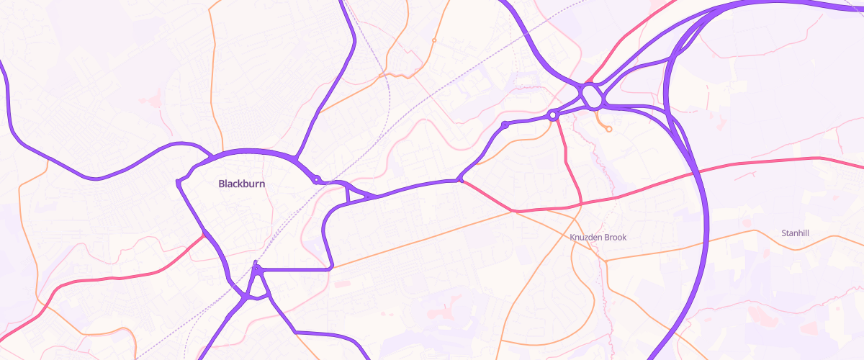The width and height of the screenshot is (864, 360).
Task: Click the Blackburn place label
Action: (242, 184)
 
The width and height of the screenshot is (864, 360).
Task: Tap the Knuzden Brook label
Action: (598, 237)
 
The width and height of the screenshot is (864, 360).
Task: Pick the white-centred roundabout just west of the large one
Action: (553, 115)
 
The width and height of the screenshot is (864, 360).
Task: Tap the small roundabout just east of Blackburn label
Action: (315, 179)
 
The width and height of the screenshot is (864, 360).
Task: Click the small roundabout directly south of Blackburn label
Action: (256, 270)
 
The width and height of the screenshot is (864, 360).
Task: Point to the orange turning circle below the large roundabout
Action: (609, 130)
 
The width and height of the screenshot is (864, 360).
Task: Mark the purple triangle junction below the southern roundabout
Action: (256, 292)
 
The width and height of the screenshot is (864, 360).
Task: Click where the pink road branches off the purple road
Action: (460, 180)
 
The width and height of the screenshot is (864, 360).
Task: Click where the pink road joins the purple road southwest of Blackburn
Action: (205, 234)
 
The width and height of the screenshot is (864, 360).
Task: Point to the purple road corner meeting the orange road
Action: (331, 268)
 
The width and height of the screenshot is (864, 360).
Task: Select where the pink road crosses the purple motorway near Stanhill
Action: (695, 173)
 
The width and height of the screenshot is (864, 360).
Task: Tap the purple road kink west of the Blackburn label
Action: (178, 182)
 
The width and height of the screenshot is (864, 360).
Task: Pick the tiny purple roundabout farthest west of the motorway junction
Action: (505, 125)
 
